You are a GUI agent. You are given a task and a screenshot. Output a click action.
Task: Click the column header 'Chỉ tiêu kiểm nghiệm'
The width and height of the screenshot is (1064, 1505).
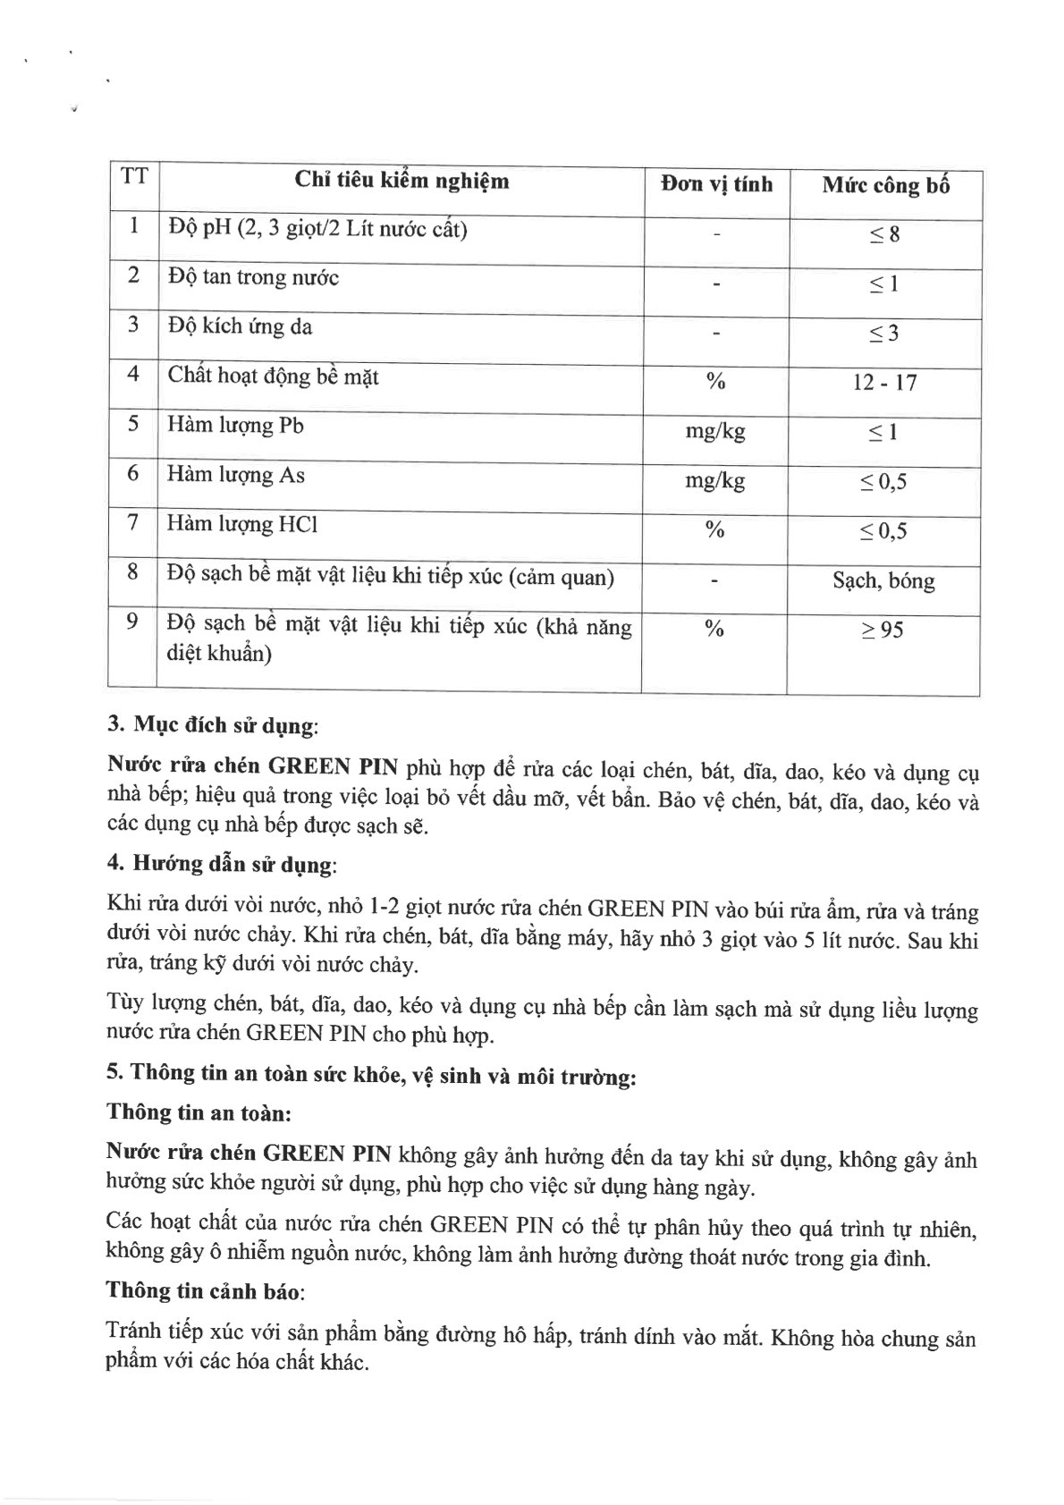click(x=401, y=182)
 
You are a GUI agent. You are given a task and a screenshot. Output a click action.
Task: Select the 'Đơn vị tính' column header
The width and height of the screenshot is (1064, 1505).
click(x=716, y=185)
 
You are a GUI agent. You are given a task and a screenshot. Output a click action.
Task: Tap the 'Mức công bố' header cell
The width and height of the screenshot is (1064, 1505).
click(x=885, y=186)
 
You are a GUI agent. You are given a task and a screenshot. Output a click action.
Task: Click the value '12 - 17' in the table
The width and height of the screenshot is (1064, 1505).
click(x=884, y=383)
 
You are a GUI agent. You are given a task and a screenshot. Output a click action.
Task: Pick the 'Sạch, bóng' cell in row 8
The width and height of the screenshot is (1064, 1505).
click(x=883, y=581)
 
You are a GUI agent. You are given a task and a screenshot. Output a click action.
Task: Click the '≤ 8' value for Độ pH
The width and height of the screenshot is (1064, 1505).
click(x=885, y=235)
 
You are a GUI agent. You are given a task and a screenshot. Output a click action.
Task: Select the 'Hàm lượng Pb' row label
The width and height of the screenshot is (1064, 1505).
click(x=235, y=425)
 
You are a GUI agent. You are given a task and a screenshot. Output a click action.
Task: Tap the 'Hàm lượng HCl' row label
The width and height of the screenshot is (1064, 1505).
click(x=242, y=524)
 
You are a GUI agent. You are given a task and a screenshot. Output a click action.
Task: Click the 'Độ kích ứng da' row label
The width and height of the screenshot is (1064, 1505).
click(x=240, y=326)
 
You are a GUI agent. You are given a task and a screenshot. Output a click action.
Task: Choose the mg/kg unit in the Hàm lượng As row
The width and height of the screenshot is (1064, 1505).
click(x=714, y=481)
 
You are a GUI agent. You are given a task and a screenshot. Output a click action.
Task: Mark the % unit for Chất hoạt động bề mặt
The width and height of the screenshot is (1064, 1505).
click(x=715, y=382)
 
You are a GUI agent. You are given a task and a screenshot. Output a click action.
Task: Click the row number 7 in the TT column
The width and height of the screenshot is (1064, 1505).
click(x=132, y=522)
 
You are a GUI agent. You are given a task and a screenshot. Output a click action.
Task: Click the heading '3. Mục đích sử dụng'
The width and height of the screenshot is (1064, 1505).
click(x=212, y=726)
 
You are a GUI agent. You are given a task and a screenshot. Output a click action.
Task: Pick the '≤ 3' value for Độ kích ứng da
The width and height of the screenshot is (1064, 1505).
click(x=884, y=334)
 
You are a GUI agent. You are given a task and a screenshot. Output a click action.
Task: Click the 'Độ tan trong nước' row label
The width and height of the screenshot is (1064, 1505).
click(x=253, y=277)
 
